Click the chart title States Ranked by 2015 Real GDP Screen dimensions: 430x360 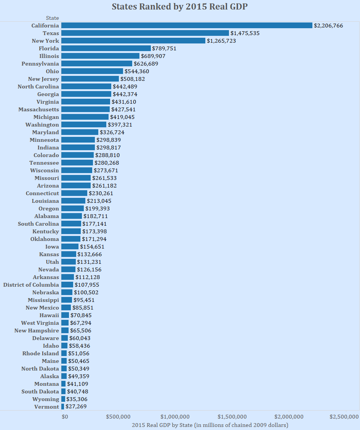(180, 7)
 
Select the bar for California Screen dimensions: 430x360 (187, 26)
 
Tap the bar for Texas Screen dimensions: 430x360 (145, 33)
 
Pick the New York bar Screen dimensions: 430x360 (133, 41)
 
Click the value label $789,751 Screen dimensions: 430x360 (164, 48)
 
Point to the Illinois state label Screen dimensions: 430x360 (49, 56)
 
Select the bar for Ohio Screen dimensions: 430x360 (92, 71)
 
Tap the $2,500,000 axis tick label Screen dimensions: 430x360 (344, 416)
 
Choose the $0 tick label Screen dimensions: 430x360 (65, 416)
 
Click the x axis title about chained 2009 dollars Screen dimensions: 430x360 (210, 425)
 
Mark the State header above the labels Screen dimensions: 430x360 (52, 18)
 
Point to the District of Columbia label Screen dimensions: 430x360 (31, 285)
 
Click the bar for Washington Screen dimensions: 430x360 (84, 125)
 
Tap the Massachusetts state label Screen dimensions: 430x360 (39, 109)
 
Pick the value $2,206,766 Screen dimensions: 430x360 (328, 26)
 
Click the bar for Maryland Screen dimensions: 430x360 (80, 132)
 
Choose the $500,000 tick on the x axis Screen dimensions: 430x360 (118, 416)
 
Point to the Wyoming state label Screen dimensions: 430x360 (46, 399)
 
